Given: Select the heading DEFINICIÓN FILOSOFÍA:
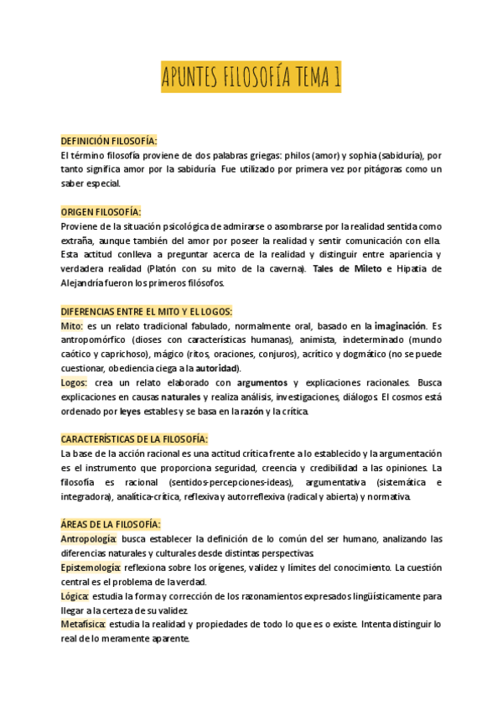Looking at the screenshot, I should [109, 140].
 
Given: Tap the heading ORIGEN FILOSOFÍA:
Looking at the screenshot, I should [101, 212].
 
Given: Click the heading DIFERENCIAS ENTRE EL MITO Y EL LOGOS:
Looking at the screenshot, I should [147, 311].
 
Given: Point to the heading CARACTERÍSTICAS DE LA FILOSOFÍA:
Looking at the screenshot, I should [134, 439].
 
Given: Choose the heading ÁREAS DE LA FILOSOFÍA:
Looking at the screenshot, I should [111, 524].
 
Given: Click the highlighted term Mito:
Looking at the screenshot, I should [72, 326].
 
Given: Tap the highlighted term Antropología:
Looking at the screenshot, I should [89, 538].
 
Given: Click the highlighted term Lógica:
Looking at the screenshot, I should [75, 595].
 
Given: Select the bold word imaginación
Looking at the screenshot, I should [400, 326].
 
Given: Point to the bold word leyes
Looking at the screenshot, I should [130, 411].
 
